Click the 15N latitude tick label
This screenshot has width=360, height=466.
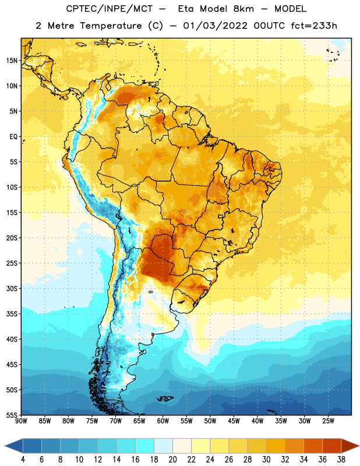12,61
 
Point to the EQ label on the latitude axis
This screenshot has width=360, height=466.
13,137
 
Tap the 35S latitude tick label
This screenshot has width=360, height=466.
12,314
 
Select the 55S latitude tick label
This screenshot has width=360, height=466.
12,415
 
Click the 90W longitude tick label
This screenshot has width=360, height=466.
21,421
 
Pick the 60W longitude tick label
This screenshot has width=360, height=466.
163,421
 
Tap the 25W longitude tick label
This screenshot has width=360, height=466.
328,421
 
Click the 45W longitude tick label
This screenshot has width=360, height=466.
234,421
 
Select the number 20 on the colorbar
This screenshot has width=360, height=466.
172,460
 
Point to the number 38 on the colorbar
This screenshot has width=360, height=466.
341,460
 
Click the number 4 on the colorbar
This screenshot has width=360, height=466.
23,460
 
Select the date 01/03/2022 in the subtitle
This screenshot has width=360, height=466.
215,26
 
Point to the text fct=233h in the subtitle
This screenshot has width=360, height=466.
314,26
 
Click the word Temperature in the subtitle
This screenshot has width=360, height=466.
111,26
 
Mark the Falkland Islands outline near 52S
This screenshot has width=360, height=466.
165,398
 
